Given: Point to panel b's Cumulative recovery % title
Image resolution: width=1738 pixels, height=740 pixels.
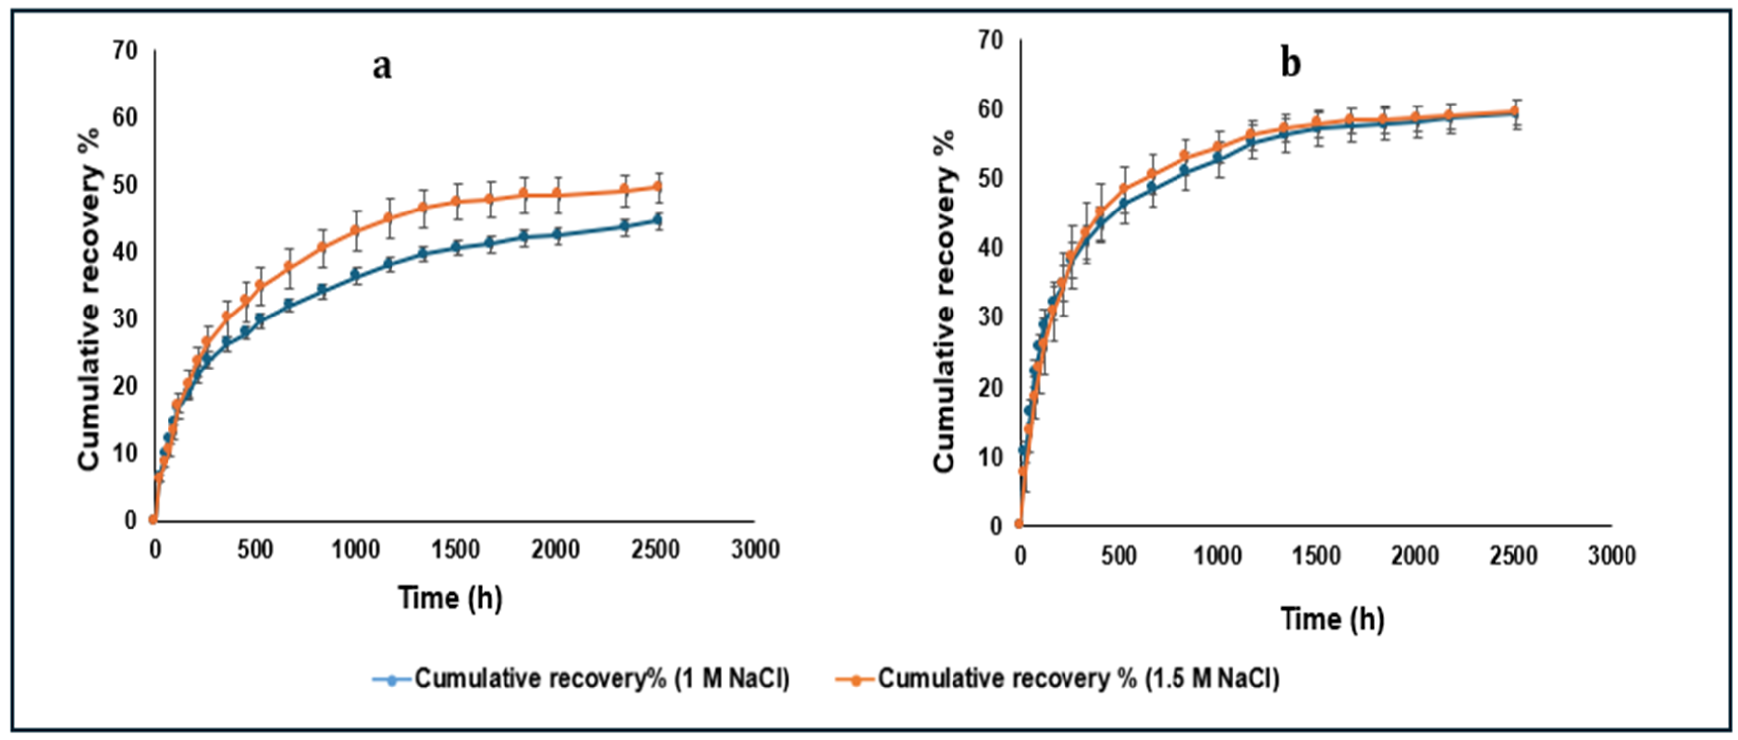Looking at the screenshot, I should click(x=945, y=300).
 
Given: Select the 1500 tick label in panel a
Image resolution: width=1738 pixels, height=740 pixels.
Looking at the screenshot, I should click(x=455, y=550).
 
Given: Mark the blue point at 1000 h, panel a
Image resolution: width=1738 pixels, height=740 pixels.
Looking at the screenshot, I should click(x=355, y=275).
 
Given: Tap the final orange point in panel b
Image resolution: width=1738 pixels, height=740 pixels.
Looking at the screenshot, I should click(x=1514, y=112).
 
